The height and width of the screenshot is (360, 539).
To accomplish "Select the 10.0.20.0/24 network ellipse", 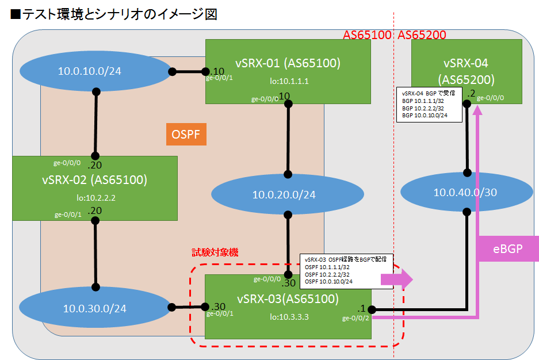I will point(284,195).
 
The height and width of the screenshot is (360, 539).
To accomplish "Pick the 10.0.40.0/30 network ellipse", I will point(465,192).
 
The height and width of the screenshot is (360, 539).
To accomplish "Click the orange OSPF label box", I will point(185,135).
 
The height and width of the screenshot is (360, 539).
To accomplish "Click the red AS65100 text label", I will point(366,36).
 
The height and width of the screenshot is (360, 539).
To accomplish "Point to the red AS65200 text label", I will point(422,36).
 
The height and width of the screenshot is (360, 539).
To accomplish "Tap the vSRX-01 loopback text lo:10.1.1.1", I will point(289,81).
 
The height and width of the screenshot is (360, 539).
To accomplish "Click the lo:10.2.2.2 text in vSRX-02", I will point(95,197).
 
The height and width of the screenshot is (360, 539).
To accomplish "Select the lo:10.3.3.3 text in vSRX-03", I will point(289,316).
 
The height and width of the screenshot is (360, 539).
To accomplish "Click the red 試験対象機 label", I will point(214,252).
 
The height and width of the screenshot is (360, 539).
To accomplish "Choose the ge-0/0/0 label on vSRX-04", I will point(490,98).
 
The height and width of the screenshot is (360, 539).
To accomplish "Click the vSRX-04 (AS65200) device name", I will point(466,71).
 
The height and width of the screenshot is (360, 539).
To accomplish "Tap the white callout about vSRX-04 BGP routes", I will point(425,104).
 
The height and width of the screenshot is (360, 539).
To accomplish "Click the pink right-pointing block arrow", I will point(398,279).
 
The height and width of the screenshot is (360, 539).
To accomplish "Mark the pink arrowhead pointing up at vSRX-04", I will point(477,113).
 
